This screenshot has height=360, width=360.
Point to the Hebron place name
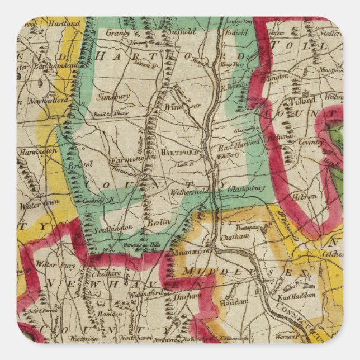305,196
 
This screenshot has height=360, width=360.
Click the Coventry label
311,142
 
